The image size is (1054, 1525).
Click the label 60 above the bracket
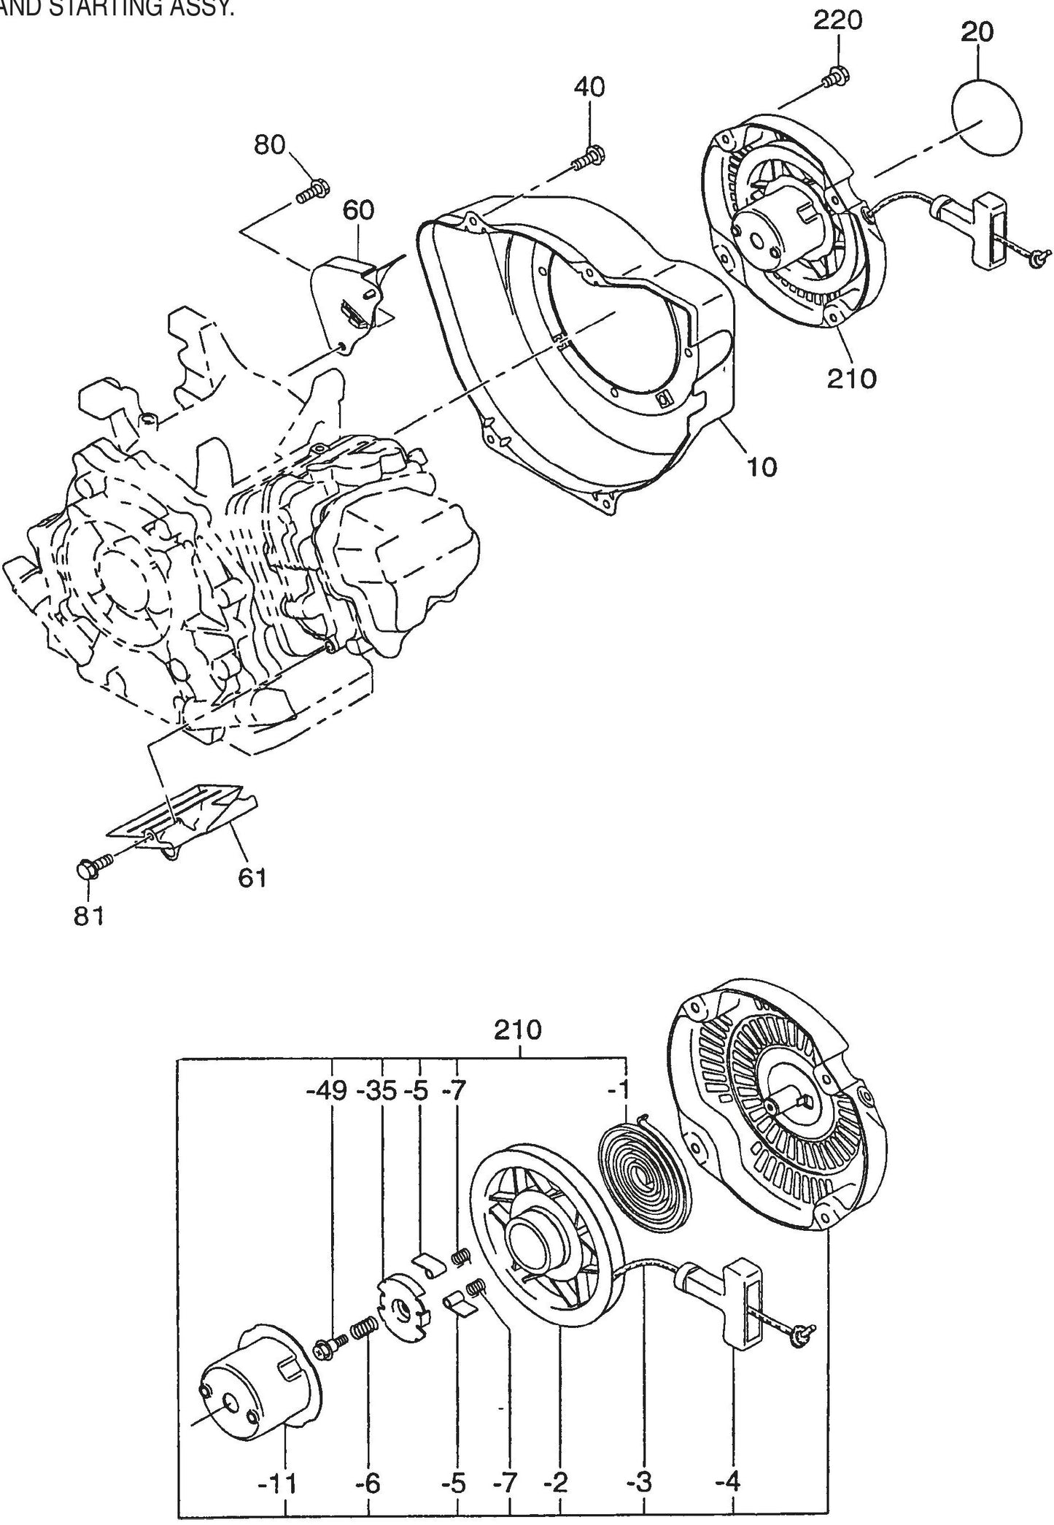[x=357, y=210]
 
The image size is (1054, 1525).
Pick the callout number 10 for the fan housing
[x=762, y=466]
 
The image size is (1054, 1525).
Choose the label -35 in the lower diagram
[x=378, y=1091]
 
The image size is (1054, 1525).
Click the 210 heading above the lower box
[x=518, y=1030]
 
